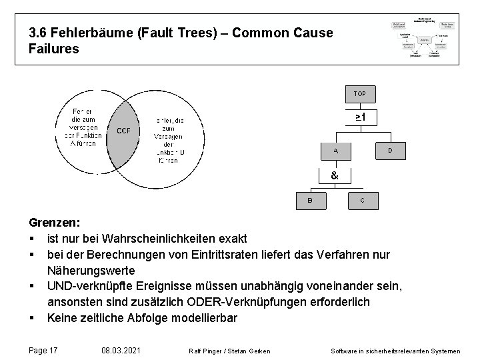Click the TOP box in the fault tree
click(x=359, y=93)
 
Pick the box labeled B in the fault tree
click(x=309, y=199)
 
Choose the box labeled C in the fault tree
click(x=362, y=199)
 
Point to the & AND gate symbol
click(x=334, y=175)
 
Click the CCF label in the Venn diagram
click(x=124, y=131)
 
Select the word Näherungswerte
click(x=91, y=271)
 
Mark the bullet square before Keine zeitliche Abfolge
click(x=32, y=319)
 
